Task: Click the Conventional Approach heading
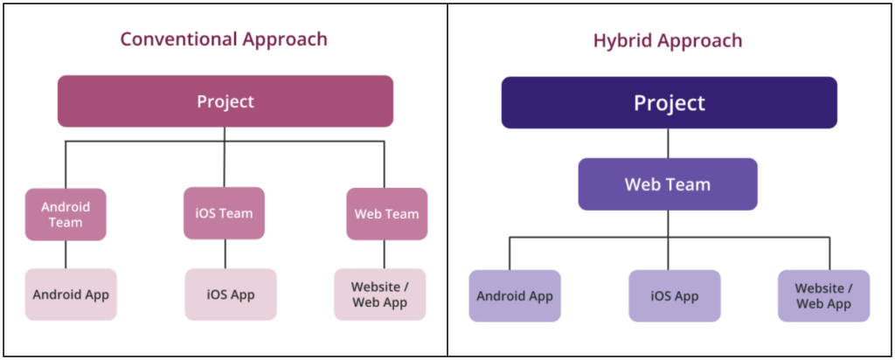(224, 39)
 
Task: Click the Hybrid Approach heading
(669, 40)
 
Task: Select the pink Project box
(225, 101)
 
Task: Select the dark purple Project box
(669, 103)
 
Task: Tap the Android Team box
(66, 214)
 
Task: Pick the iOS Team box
(224, 213)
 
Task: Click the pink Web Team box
(386, 214)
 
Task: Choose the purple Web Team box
(668, 184)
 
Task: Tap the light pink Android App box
(71, 294)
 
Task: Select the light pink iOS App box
(231, 294)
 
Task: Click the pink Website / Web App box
(380, 294)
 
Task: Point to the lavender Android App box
(515, 296)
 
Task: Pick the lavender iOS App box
(674, 296)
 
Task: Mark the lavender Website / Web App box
(823, 296)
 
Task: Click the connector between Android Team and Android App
(66, 254)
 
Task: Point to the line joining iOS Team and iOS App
(225, 253)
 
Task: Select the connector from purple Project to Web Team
(669, 143)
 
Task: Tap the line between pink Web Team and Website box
(385, 254)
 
